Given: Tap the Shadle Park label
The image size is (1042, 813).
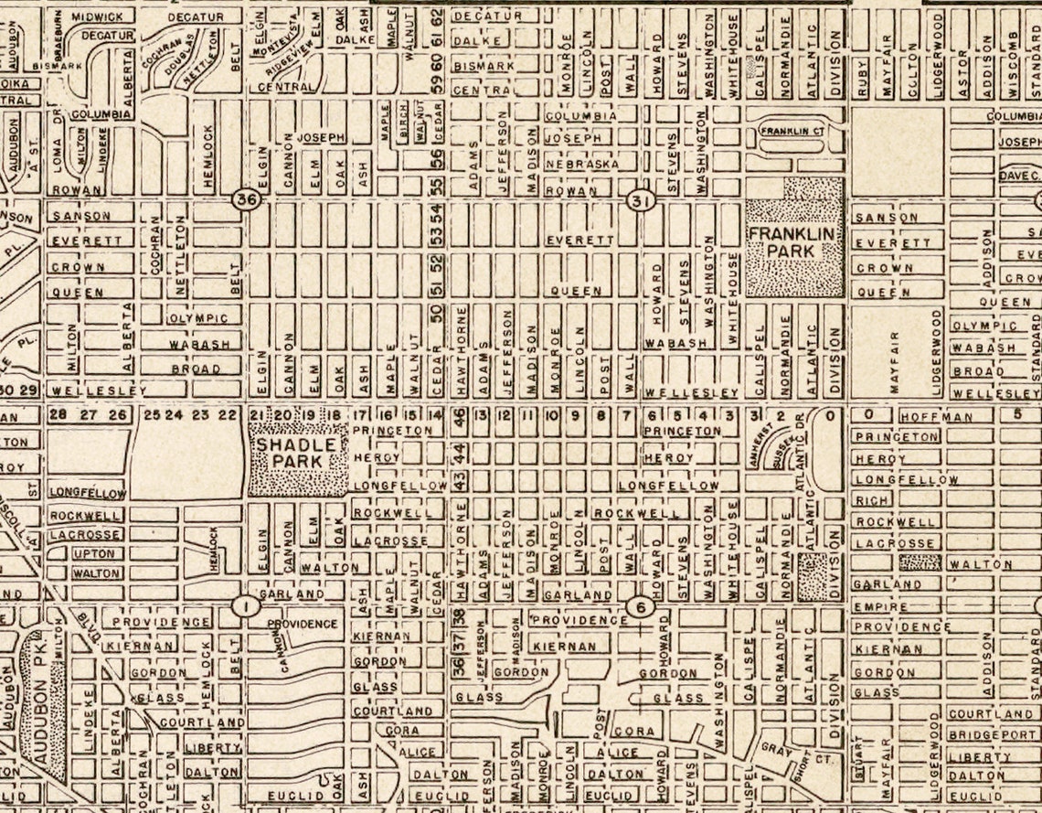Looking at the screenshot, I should click(x=297, y=453).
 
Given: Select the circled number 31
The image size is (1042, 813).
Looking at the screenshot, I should click(x=638, y=200).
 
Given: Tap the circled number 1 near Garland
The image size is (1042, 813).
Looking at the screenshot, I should click(x=244, y=605).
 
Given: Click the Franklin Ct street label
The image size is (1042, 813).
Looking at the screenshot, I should click(x=792, y=132).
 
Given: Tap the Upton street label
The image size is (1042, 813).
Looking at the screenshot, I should click(x=94, y=554).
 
